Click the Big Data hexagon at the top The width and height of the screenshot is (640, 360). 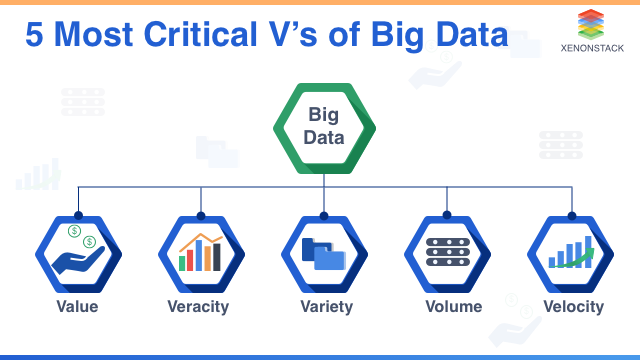(324, 127)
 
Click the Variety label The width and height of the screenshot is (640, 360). (325, 306)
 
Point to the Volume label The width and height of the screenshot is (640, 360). (452, 306)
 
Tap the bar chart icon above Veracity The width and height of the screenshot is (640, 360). (200, 253)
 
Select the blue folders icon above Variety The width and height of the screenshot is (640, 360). (325, 254)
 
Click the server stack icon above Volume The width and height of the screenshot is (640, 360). (449, 253)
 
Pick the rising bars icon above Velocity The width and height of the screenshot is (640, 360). (572, 253)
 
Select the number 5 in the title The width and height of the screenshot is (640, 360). (35, 37)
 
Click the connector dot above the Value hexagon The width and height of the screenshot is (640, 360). (77, 213)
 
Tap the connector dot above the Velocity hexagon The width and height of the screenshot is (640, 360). (572, 213)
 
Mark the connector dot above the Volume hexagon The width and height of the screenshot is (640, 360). (449, 213)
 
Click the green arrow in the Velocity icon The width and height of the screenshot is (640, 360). (581, 256)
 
